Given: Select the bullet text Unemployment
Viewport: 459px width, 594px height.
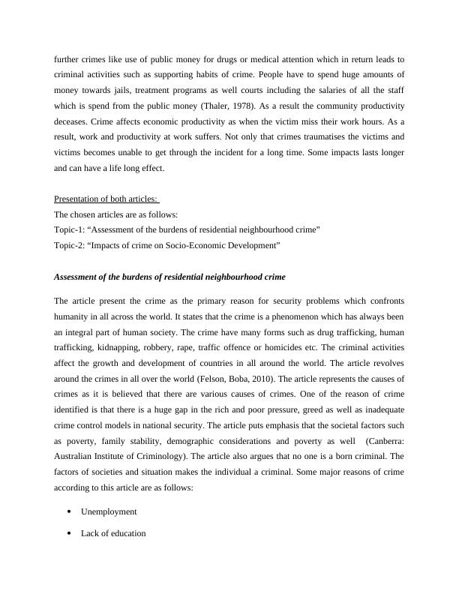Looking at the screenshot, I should click(109, 511).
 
